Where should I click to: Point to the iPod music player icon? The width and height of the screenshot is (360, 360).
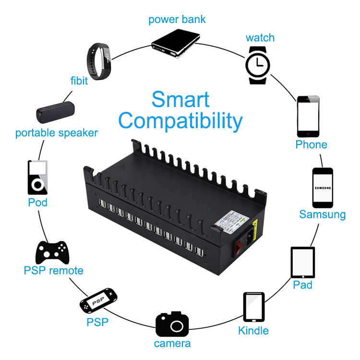point(37,177)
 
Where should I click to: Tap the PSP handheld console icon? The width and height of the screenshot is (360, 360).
point(98,300)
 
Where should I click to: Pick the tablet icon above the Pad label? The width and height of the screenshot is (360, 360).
point(302,263)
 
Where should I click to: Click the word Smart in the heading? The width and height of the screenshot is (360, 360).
point(180,99)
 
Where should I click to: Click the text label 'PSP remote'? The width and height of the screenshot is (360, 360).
point(53,271)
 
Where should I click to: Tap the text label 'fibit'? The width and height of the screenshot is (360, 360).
point(79,80)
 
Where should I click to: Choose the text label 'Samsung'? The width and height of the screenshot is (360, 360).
point(322,214)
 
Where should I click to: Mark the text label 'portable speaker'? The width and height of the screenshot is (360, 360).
point(57,133)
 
